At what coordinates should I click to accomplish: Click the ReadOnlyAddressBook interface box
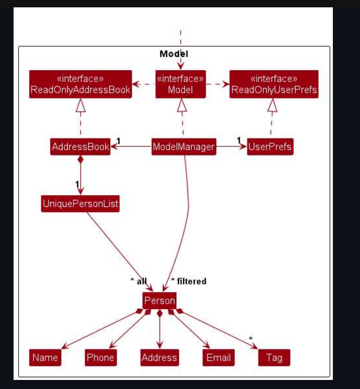[x=80, y=84]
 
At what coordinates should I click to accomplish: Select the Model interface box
[x=180, y=84]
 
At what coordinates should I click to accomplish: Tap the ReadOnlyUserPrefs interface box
[x=274, y=84]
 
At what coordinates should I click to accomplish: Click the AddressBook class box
[x=80, y=147]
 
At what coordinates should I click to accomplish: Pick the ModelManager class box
[x=184, y=147]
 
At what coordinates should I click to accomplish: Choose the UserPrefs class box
[x=270, y=147]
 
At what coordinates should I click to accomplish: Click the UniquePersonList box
[x=80, y=204]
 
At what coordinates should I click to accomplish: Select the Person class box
[x=159, y=301]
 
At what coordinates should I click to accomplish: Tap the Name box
[x=45, y=357]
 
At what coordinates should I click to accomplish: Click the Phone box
[x=101, y=357]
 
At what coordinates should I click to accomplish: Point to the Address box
[x=159, y=357]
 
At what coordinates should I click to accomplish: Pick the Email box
[x=218, y=357]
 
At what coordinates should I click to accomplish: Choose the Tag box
[x=274, y=357]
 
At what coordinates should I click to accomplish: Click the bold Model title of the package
[x=174, y=54]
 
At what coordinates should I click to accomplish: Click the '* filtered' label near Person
[x=189, y=281]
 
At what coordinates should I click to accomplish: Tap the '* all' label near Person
[x=138, y=281]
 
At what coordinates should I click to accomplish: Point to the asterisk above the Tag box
[x=251, y=339]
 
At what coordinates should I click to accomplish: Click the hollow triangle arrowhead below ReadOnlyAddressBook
[x=80, y=105]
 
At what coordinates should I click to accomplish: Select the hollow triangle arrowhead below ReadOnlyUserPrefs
[x=272, y=105]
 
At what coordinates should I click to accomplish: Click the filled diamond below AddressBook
[x=80, y=160]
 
